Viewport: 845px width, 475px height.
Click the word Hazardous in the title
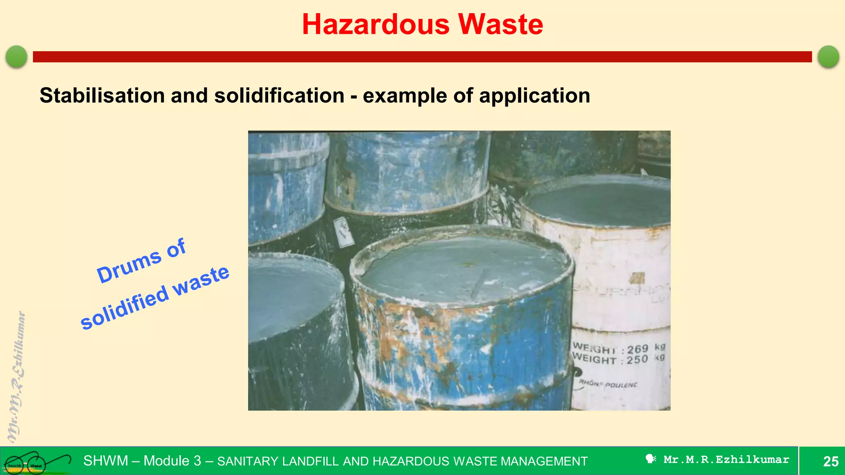[375, 24]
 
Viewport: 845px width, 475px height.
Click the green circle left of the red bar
[17, 56]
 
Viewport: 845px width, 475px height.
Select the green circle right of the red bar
[828, 56]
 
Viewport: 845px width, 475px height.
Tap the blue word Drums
[129, 268]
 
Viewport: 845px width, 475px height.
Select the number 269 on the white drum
[637, 349]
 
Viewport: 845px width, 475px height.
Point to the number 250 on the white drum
[637, 360]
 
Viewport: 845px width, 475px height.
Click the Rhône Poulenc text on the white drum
[608, 384]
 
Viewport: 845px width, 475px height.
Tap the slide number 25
[831, 461]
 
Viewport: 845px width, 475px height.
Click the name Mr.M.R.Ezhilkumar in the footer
[726, 459]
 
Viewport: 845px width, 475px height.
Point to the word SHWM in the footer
[106, 461]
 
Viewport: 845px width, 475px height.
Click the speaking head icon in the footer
[651, 459]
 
